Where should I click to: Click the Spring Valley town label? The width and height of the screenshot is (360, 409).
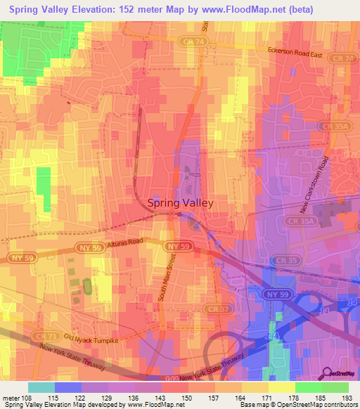click(180, 202)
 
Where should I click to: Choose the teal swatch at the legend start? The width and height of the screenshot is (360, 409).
click(41, 387)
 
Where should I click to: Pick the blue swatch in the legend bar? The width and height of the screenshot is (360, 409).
click(67, 387)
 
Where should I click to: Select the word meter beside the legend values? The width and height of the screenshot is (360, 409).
click(9, 398)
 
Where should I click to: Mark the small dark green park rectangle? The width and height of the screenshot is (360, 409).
click(87, 287)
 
